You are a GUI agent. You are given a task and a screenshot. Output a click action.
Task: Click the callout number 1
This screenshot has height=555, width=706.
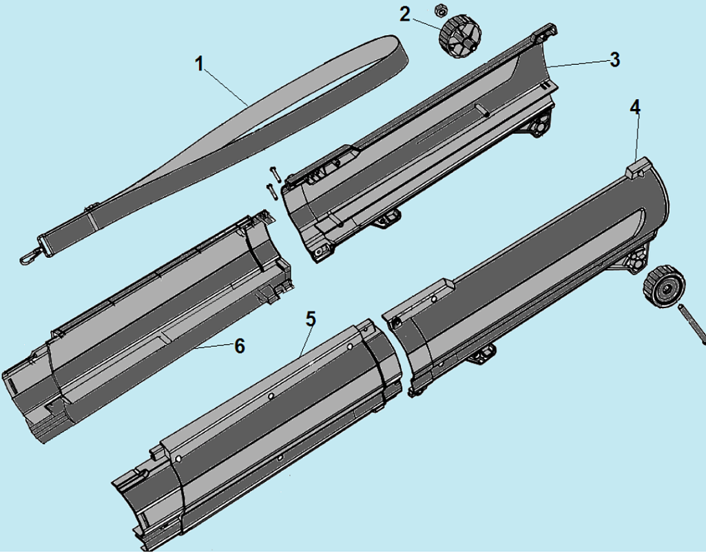pos(200,63)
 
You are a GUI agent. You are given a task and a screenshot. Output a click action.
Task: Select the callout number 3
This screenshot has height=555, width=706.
pos(614,59)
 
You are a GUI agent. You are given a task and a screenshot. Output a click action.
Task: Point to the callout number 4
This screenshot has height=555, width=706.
pos(635,108)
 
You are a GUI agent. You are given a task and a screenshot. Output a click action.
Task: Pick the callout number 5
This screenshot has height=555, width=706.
pos(311,319)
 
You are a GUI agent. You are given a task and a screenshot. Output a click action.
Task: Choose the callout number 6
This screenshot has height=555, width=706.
pos(240,346)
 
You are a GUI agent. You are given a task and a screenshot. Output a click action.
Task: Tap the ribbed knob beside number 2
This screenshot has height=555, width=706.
pos(459,36)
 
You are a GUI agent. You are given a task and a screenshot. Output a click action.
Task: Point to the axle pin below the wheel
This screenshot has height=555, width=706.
pos(691,324)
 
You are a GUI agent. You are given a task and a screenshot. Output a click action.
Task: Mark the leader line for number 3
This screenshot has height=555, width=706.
pos(578,63)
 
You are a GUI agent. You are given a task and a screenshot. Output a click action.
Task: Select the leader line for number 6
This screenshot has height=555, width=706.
pos(214,347)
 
